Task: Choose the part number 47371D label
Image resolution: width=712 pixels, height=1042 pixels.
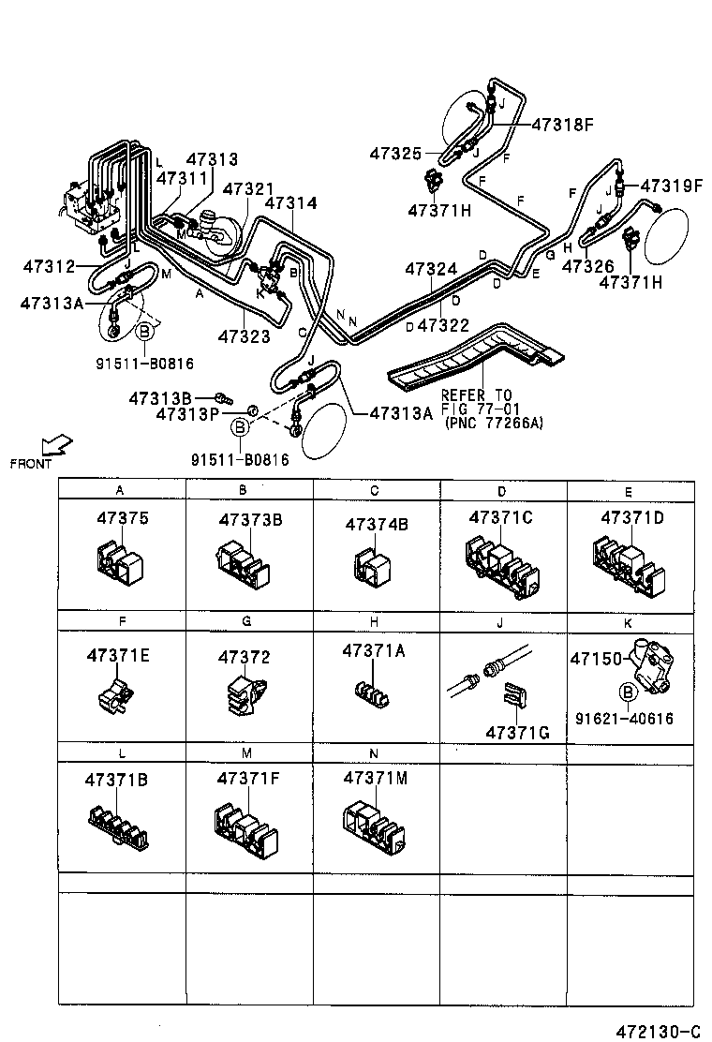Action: click(x=631, y=517)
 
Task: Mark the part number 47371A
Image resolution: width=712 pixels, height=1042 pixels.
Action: click(x=374, y=650)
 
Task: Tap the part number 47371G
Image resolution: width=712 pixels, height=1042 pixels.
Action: click(x=516, y=731)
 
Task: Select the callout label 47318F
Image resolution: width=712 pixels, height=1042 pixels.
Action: click(x=564, y=124)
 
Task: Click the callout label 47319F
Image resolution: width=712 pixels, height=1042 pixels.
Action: click(x=670, y=186)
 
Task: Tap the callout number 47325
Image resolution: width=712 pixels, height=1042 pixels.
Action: click(x=396, y=153)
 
